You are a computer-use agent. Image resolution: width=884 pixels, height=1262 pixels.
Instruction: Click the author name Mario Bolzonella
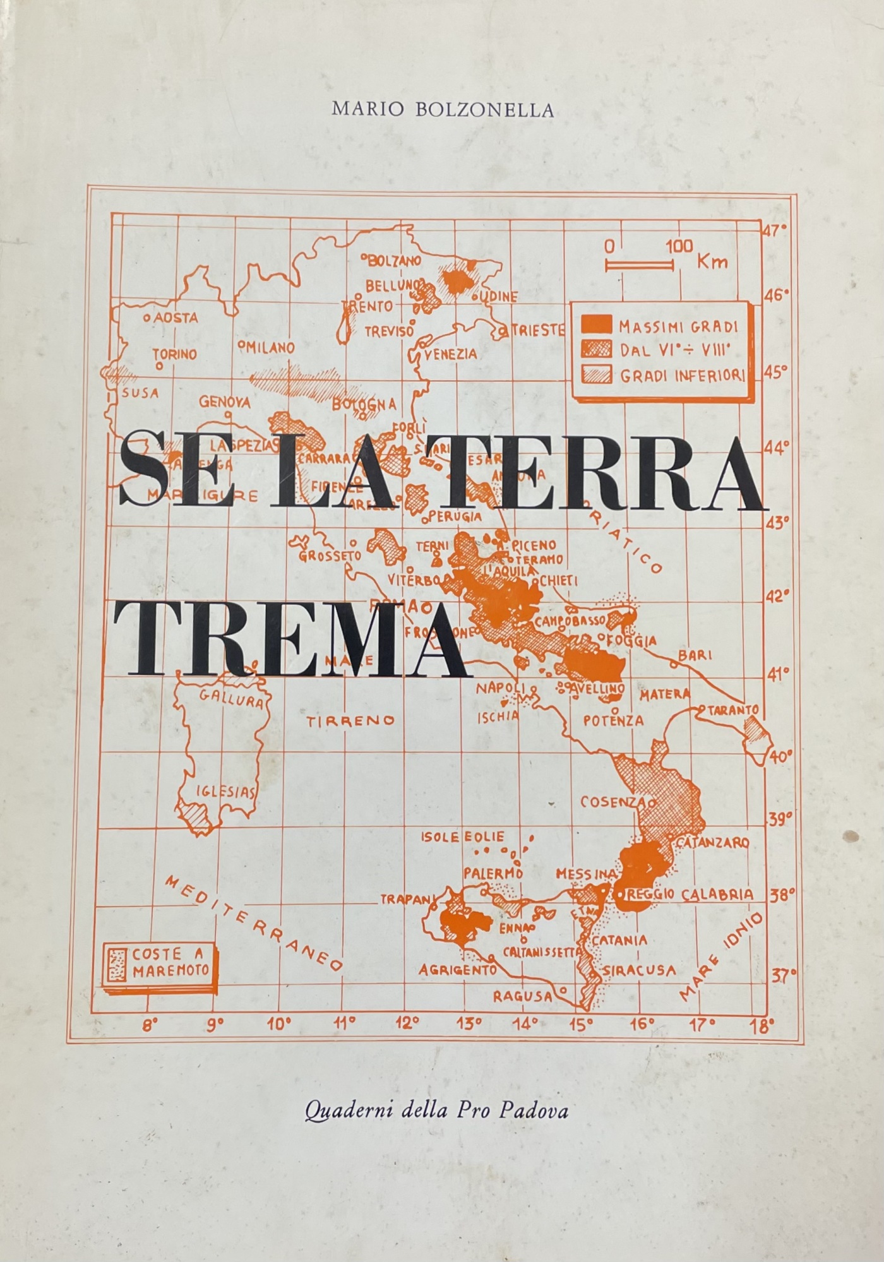443,110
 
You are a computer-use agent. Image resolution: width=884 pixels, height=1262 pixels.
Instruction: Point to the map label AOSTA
174,319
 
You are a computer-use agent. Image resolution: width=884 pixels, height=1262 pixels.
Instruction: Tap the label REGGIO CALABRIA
690,894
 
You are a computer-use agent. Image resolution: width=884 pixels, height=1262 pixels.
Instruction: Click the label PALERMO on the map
493,873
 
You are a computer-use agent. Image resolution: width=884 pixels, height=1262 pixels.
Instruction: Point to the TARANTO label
732,710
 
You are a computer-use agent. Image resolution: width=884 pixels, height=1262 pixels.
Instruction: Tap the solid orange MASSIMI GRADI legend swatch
596,326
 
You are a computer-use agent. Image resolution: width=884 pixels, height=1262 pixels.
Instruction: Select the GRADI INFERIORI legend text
683,376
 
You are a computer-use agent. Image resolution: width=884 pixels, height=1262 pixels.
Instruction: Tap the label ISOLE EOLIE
463,838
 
